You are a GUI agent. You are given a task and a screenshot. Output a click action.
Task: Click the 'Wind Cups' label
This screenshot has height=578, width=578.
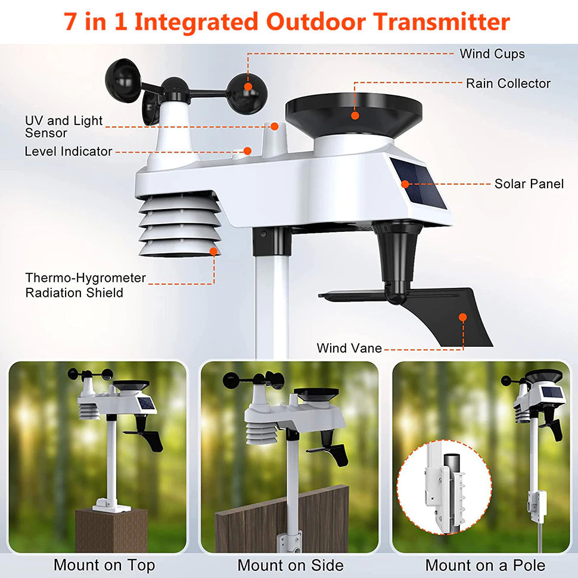(x=492, y=54)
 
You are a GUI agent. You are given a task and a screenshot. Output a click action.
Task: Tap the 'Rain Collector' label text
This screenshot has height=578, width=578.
(x=508, y=83)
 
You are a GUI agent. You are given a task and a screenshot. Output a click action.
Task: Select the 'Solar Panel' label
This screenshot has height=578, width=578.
(x=529, y=184)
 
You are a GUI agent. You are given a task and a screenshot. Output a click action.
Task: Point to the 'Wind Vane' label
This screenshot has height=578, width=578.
(x=349, y=348)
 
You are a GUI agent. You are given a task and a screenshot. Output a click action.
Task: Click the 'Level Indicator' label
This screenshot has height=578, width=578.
(x=68, y=151)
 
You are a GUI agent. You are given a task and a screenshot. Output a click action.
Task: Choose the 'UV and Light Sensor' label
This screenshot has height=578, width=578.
(x=63, y=127)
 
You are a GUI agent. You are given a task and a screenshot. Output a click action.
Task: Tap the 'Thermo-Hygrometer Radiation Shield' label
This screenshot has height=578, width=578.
(x=85, y=285)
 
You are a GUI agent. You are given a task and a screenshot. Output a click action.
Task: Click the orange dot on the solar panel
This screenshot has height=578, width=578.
(x=405, y=184)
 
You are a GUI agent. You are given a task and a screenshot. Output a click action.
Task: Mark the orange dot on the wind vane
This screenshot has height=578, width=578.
(x=462, y=317)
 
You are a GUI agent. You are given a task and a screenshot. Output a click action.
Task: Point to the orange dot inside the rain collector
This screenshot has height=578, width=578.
(x=355, y=115)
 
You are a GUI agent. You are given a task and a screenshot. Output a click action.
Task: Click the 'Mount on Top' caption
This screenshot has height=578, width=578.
(x=104, y=565)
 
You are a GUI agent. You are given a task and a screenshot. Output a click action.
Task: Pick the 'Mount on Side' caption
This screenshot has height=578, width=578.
(x=290, y=565)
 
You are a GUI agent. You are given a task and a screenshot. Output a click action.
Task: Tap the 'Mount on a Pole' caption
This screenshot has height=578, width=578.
(x=485, y=565)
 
